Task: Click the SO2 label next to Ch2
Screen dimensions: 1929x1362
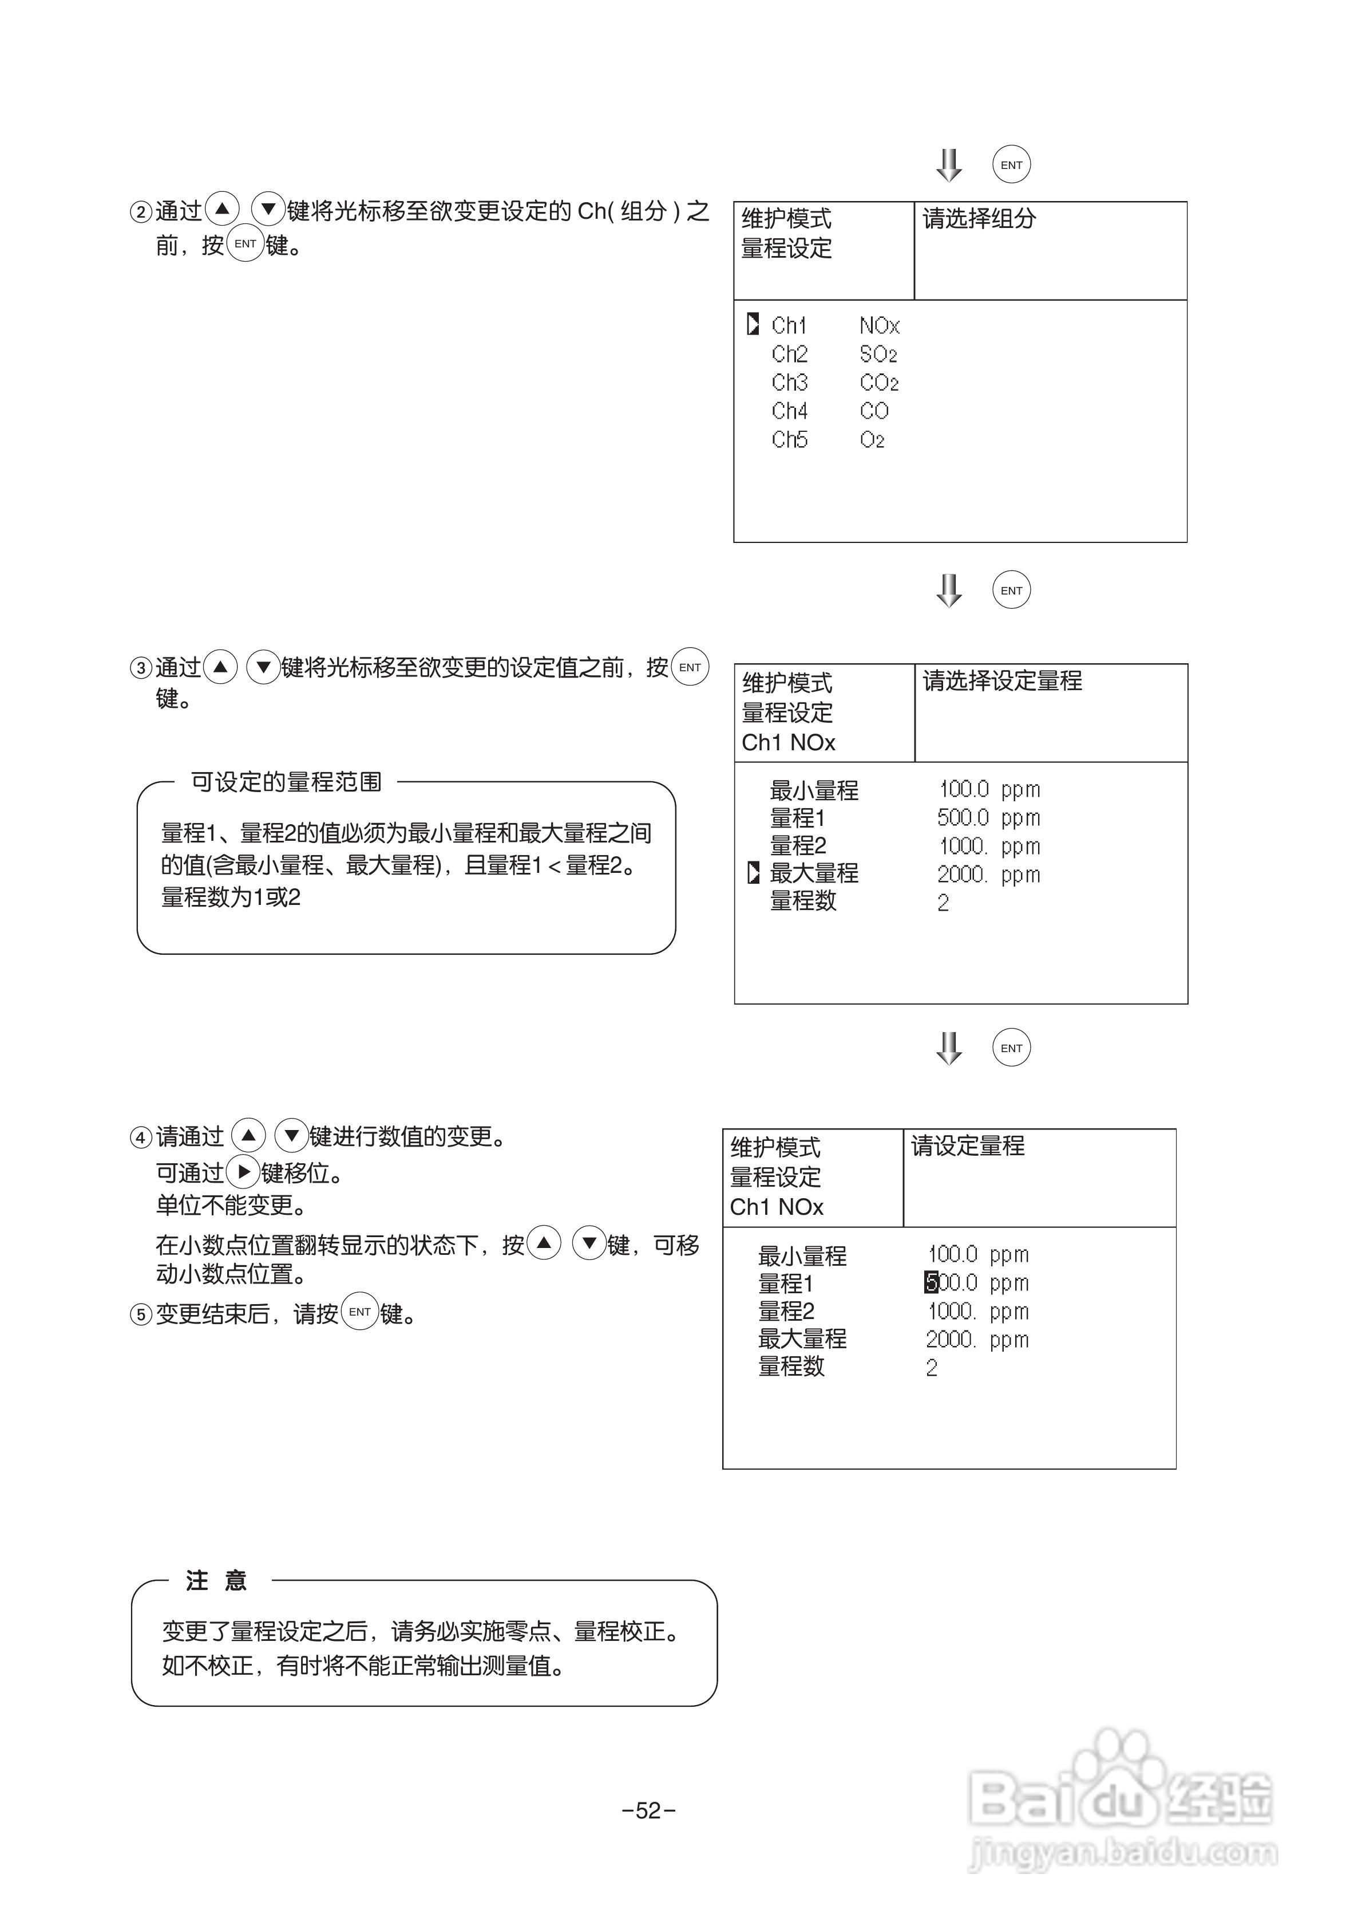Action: (878, 355)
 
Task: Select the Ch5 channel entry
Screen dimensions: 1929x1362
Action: (789, 439)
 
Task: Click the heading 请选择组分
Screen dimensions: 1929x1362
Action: (979, 219)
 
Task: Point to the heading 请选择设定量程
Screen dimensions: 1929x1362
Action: (1002, 680)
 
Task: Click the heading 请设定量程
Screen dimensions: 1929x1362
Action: (967, 1146)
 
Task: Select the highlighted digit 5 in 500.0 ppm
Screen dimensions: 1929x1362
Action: (931, 1282)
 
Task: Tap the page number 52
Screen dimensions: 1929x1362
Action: (648, 1810)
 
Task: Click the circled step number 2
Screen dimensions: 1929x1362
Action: (140, 212)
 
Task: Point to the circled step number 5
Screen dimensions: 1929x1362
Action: (140, 1314)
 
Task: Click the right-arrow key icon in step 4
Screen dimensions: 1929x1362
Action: (243, 1172)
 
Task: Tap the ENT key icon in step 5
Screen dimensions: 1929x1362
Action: (359, 1312)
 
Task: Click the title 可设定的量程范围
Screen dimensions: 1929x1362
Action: (286, 782)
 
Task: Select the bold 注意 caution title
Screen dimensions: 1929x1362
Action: (216, 1581)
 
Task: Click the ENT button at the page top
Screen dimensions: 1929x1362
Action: (1011, 165)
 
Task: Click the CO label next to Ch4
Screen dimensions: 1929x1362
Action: (873, 411)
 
